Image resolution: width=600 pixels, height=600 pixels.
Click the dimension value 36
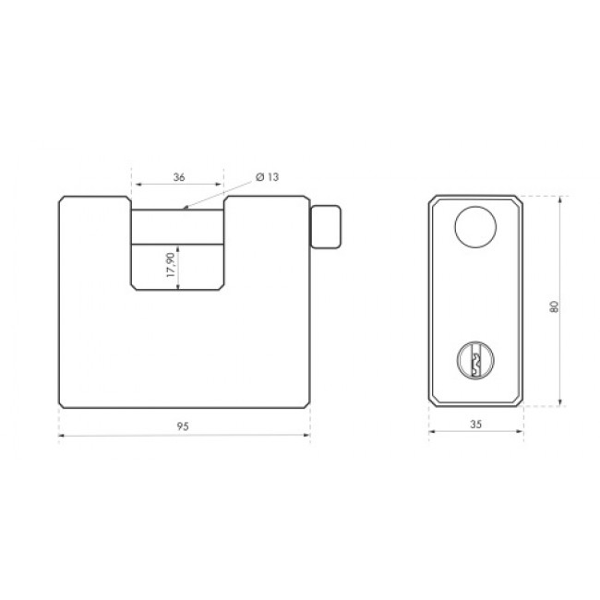(179, 177)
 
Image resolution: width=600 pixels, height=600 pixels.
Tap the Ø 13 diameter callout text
(267, 177)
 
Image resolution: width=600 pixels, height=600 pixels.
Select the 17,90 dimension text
(171, 265)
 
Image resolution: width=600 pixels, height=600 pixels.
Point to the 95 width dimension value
(183, 426)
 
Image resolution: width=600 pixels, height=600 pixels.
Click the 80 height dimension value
(554, 306)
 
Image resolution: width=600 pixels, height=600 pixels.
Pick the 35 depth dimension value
(475, 424)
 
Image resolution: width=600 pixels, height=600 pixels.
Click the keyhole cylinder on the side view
(475, 360)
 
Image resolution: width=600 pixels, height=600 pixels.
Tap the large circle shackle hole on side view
(475, 227)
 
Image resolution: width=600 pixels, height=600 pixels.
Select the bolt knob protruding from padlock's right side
(325, 227)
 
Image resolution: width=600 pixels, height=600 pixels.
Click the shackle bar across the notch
(177, 226)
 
